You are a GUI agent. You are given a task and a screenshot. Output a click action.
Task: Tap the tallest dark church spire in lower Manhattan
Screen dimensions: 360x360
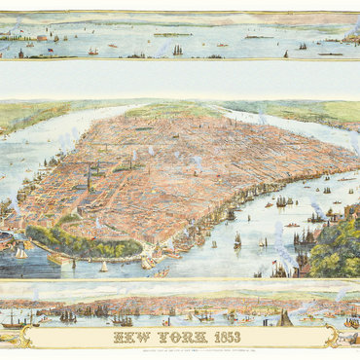[89, 180]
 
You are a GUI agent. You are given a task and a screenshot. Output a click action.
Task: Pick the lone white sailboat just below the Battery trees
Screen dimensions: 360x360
[103, 267]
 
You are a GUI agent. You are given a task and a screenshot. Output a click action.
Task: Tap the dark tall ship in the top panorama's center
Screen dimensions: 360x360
[177, 49]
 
